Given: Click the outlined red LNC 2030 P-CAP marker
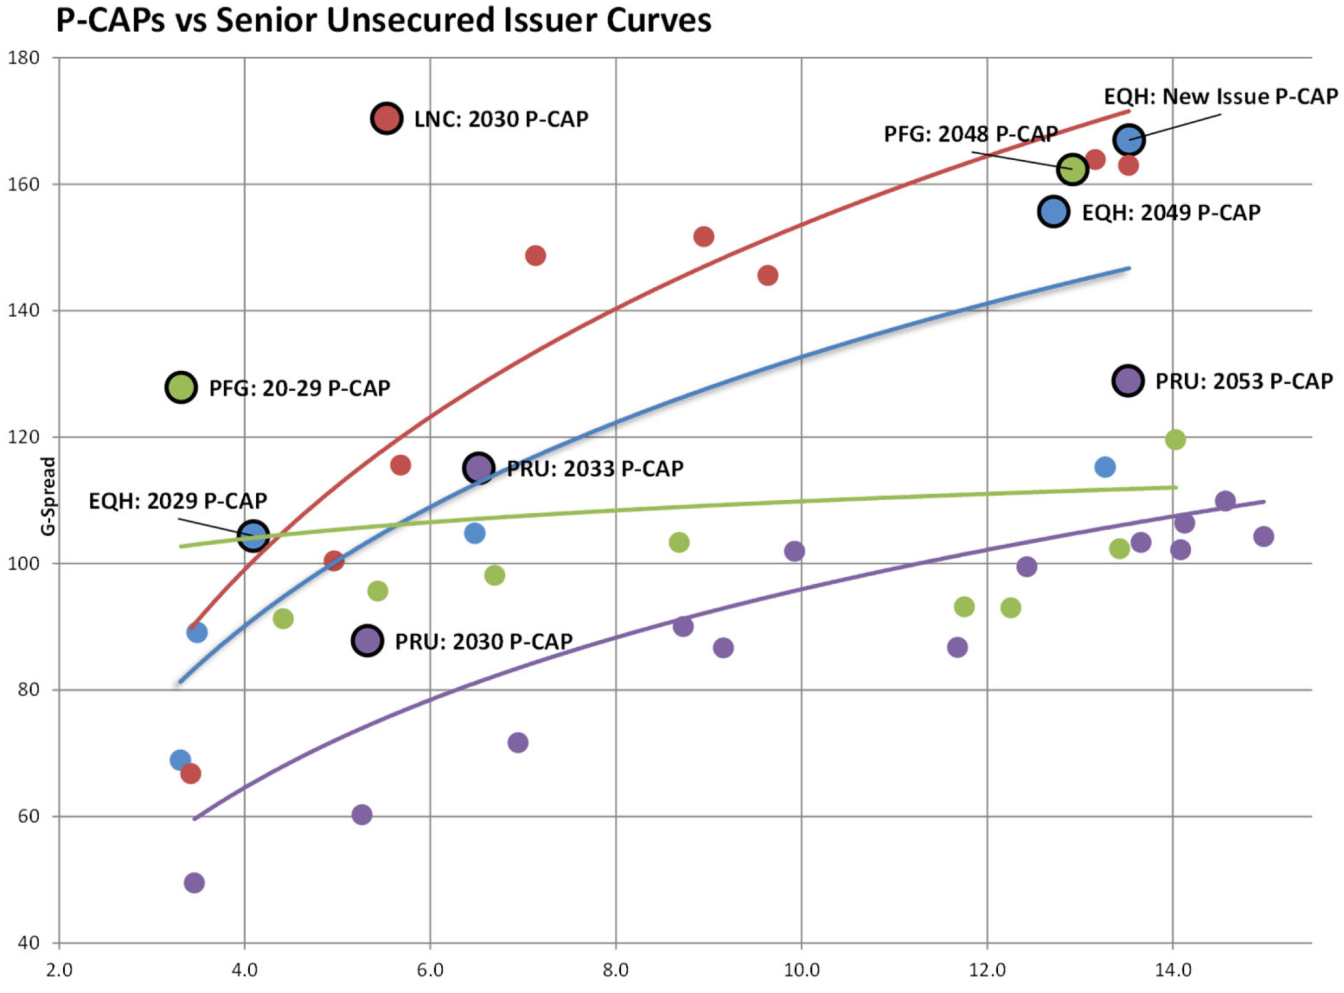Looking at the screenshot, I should [x=386, y=119].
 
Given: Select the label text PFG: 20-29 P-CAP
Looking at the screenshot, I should [x=299, y=388].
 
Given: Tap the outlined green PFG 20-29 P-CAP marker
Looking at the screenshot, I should [x=181, y=387].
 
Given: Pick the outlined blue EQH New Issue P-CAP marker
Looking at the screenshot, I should [x=1129, y=140].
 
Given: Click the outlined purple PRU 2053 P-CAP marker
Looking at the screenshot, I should [x=1128, y=381].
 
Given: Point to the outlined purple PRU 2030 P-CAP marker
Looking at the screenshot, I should [x=367, y=640].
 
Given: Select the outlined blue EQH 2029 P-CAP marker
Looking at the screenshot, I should [x=253, y=536].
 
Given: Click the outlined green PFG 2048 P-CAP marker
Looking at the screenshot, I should [x=1072, y=169].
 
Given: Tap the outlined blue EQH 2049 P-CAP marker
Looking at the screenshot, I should [x=1054, y=211].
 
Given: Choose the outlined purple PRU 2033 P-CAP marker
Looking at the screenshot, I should [x=478, y=469].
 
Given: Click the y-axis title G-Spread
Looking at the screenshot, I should [x=48, y=496].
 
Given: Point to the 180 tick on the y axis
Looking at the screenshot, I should [x=24, y=58].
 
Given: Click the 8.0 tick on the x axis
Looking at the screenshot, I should [x=616, y=970].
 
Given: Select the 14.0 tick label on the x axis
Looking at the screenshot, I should [x=1173, y=970].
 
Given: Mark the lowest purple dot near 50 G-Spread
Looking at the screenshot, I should [x=194, y=882].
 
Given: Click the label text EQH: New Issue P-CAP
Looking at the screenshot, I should [x=1221, y=96].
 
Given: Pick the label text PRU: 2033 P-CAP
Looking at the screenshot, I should [x=595, y=469].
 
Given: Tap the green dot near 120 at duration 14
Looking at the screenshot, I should [x=1175, y=440].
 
